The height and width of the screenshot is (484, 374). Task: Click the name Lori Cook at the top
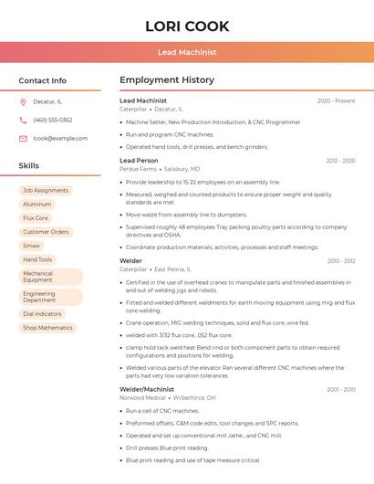[x=187, y=26]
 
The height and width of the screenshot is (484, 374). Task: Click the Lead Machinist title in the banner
[x=187, y=52]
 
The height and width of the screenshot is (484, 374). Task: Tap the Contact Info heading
[x=43, y=80]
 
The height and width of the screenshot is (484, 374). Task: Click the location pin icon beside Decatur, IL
[x=23, y=101]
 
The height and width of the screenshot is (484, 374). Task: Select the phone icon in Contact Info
[x=23, y=120]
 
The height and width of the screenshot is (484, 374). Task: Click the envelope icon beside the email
[x=23, y=138]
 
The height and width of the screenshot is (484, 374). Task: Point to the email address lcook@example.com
[x=60, y=138]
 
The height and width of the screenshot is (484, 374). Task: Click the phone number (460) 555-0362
[x=52, y=120]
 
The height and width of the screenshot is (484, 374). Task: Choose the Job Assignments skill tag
[x=46, y=190]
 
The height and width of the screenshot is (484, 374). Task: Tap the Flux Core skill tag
[x=36, y=218]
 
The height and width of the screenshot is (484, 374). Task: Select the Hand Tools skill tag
[x=38, y=259]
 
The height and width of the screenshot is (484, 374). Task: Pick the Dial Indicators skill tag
[x=43, y=314]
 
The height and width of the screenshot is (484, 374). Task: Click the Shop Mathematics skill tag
[x=47, y=328]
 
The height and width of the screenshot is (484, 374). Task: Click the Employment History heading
[x=167, y=80]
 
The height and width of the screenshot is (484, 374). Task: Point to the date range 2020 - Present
[x=336, y=100]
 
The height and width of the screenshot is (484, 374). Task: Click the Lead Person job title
[x=139, y=161]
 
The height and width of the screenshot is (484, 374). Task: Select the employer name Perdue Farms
[x=138, y=169]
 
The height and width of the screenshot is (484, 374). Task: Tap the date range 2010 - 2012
[x=341, y=261]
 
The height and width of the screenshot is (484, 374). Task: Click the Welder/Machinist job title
[x=147, y=389]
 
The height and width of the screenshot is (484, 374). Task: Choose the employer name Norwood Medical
[x=143, y=398]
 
